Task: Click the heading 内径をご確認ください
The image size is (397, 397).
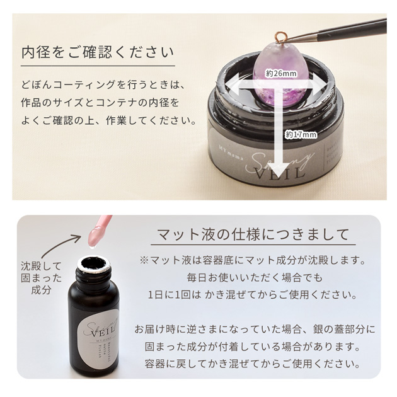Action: coord(98,51)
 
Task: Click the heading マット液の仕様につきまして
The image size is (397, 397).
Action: coord(251,235)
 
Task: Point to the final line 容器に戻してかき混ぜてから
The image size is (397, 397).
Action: coord(251,364)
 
